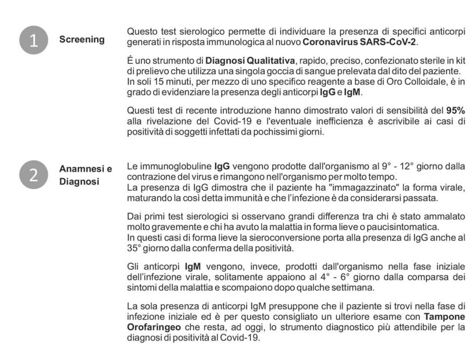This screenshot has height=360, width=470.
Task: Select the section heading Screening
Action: pyautogui.click(x=82, y=39)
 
